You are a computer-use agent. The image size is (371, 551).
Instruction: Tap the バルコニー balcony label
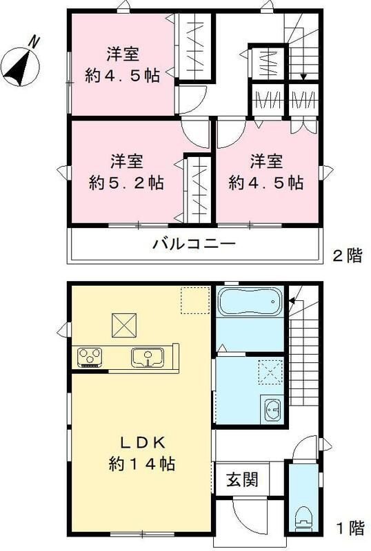[194, 244]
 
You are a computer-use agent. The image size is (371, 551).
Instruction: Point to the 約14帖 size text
[141, 463]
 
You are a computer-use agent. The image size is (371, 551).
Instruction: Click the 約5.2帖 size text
[126, 183]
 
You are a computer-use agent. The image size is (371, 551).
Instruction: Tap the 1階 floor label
[349, 529]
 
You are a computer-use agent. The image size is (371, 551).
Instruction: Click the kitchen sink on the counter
[145, 357]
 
